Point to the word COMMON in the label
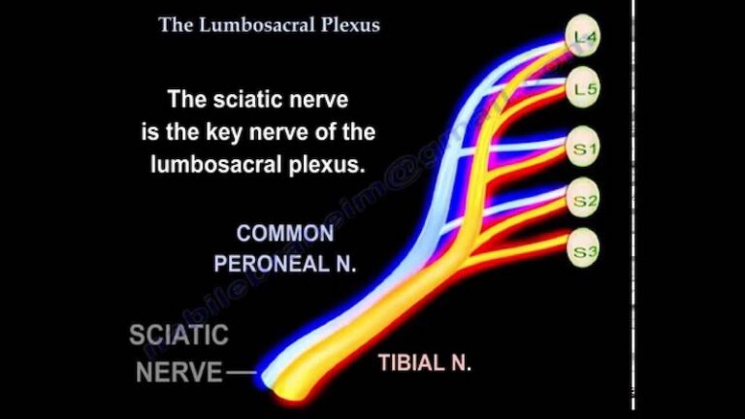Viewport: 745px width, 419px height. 285,234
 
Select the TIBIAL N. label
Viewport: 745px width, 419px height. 424,364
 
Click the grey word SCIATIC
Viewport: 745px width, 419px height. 179,336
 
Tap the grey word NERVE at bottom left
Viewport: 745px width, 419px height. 178,371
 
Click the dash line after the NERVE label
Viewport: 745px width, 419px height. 243,372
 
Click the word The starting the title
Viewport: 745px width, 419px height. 177,25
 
